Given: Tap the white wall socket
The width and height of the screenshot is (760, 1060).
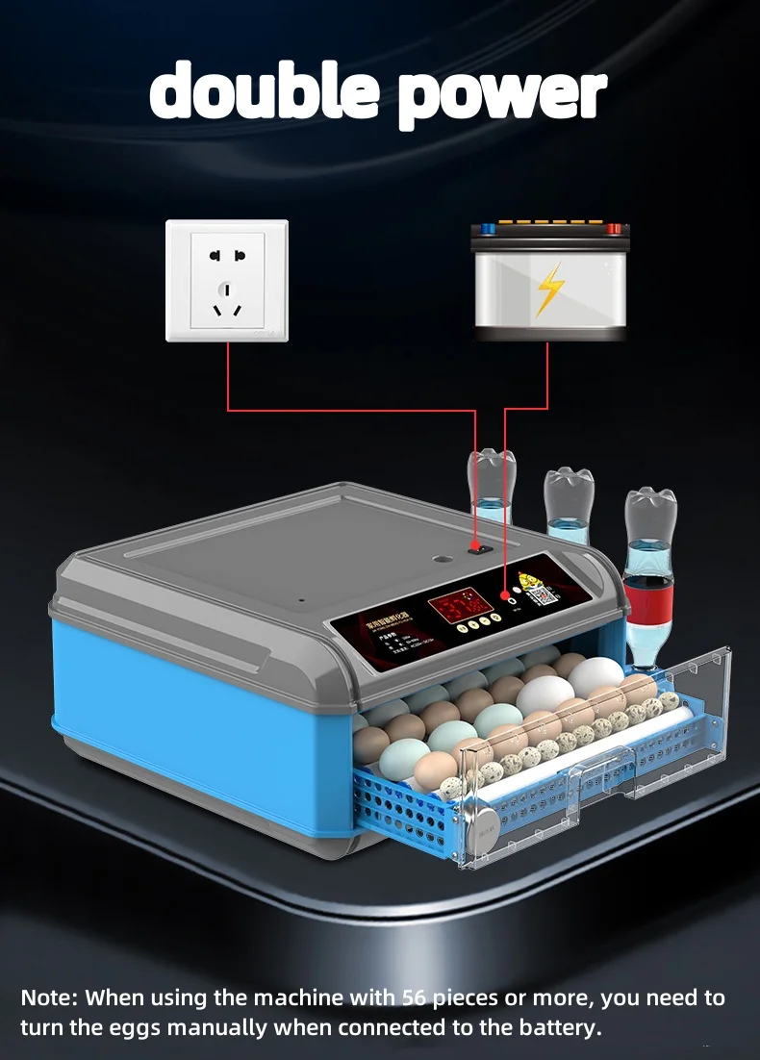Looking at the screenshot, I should (x=227, y=281).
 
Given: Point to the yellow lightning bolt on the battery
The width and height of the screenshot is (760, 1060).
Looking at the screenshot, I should (x=549, y=290).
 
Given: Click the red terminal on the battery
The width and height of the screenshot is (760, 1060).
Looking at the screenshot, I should (x=613, y=229).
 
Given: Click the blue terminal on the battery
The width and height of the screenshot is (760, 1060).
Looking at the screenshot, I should (x=487, y=229).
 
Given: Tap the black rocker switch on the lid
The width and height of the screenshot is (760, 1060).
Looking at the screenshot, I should (x=474, y=547).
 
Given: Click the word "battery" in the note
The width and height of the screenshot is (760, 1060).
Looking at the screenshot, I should (x=564, y=1027).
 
